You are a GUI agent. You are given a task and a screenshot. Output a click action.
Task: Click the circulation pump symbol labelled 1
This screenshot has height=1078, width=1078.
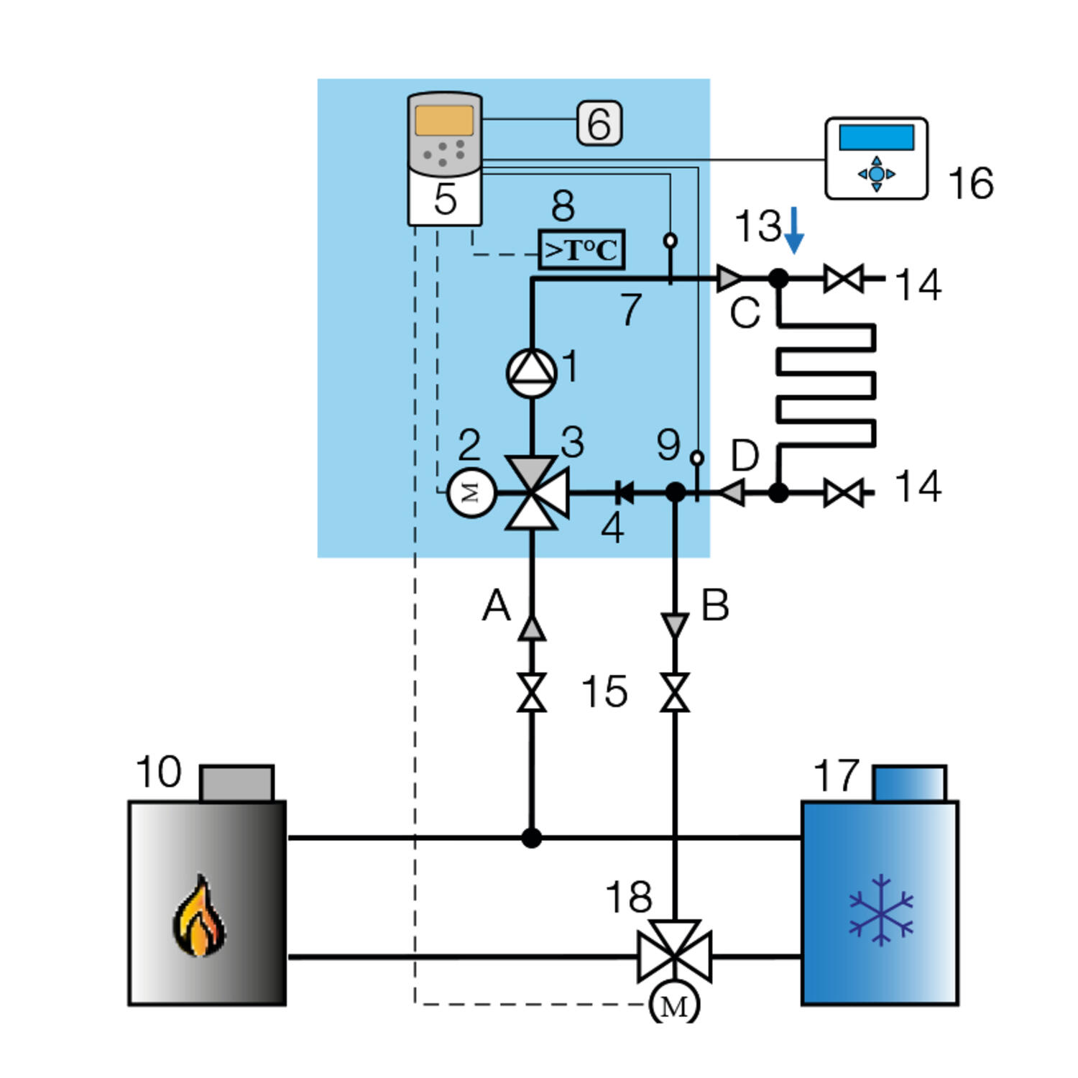click(532, 373)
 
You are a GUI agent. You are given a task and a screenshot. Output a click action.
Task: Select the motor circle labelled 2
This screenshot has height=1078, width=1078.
click(471, 493)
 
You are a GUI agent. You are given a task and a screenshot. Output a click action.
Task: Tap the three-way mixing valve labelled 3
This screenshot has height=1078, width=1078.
click(533, 493)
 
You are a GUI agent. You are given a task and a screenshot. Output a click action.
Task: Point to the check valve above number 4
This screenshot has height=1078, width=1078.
click(624, 493)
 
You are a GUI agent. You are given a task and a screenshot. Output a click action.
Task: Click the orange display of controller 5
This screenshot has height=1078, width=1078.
click(444, 121)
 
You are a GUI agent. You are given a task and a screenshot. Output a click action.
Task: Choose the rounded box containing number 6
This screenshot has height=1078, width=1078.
click(599, 123)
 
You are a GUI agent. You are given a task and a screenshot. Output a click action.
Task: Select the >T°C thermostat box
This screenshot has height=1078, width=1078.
click(581, 250)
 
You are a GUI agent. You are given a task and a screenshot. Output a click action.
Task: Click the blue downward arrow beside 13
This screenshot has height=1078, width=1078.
click(794, 230)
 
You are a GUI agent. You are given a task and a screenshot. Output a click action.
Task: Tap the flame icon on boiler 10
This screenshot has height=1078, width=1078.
click(199, 916)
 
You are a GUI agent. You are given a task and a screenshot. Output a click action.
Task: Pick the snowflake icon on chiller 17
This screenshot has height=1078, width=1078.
click(881, 909)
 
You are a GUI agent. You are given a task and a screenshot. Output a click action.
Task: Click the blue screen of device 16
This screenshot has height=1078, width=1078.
click(877, 137)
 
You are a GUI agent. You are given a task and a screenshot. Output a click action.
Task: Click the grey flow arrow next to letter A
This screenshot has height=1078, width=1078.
click(532, 628)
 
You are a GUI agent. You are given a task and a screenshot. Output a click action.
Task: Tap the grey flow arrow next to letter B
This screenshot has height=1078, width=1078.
click(674, 625)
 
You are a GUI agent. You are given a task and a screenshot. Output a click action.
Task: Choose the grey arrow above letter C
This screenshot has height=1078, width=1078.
click(729, 277)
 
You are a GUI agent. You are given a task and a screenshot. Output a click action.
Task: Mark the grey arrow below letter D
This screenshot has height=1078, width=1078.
click(732, 493)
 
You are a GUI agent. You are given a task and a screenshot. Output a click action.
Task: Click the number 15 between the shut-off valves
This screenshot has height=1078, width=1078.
click(604, 691)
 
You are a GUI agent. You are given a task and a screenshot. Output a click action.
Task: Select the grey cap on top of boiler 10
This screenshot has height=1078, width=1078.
click(237, 783)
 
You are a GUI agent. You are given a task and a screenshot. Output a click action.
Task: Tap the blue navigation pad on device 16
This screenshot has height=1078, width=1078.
click(877, 174)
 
